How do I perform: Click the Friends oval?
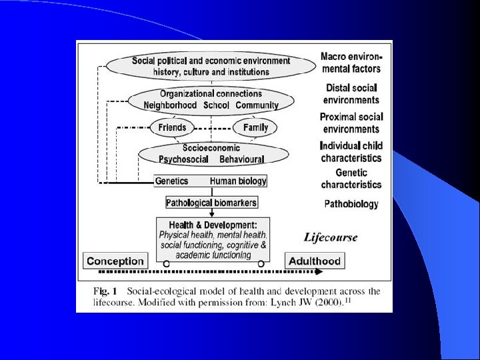pyautogui.click(x=173, y=127)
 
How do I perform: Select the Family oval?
pyautogui.click(x=255, y=127)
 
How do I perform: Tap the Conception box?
pyautogui.click(x=115, y=261)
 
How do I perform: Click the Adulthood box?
pyautogui.click(x=314, y=261)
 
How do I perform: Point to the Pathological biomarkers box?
pyautogui.click(x=211, y=202)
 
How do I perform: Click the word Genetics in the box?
pyautogui.click(x=171, y=181)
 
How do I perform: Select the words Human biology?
pyautogui.click(x=238, y=181)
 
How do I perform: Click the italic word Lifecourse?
pyautogui.click(x=331, y=237)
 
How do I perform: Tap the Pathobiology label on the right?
pyautogui.click(x=351, y=203)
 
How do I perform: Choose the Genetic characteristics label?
pyautogui.click(x=351, y=178)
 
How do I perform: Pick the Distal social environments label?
pyautogui.click(x=351, y=93)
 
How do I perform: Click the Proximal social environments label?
pyautogui.click(x=351, y=123)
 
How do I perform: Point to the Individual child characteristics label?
pyautogui.click(x=351, y=152)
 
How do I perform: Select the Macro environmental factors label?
pyautogui.click(x=351, y=63)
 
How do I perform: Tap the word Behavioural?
pyautogui.click(x=241, y=159)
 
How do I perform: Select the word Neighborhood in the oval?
pyautogui.click(x=170, y=105)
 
